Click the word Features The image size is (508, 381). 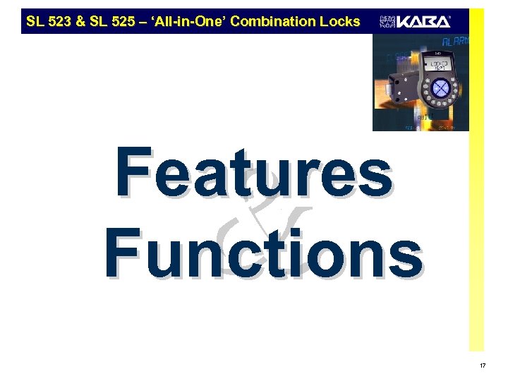pos(254,173)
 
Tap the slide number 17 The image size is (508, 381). pos(483,365)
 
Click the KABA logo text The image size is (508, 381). pos(423,21)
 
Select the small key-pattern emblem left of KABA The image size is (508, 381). pos(387,21)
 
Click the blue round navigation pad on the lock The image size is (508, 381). pos(440,88)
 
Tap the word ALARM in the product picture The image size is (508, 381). pos(456,42)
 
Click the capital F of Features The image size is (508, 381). pos(133,173)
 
